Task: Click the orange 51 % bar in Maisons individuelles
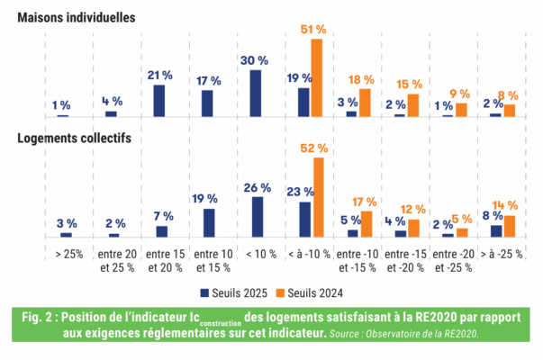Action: click(316, 77)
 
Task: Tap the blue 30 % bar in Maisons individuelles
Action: click(256, 94)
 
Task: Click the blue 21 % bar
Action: click(159, 100)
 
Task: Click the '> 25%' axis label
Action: click(63, 253)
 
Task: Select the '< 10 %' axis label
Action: click(257, 253)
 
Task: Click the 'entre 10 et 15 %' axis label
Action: click(208, 260)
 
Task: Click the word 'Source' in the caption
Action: click(348, 333)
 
